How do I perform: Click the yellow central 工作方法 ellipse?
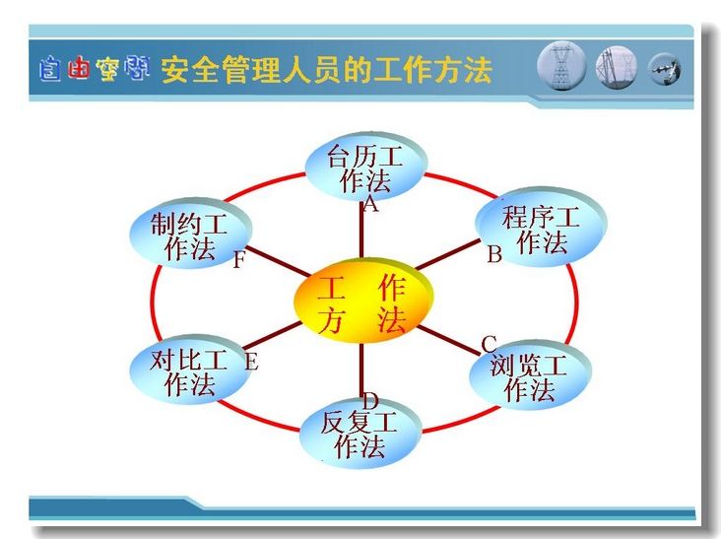tap(363, 301)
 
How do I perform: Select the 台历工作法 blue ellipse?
tap(366, 167)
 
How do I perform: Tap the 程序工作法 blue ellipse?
tap(541, 227)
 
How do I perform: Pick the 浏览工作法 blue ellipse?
tap(530, 375)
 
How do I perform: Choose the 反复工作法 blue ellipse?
tap(360, 434)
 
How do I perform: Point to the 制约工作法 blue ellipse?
tap(190, 234)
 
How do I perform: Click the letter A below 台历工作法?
tap(370, 203)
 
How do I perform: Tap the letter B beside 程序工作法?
tap(494, 253)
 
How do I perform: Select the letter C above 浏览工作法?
tap(489, 344)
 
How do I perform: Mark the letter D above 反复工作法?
tap(370, 401)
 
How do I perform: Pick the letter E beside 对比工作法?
tap(251, 362)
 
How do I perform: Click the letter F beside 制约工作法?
tap(238, 260)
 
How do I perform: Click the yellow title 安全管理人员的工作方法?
tap(327, 70)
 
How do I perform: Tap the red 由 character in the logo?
tap(78, 69)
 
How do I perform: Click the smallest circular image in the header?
tap(665, 70)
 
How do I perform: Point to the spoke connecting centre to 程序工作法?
tap(447, 254)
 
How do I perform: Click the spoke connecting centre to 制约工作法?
tap(279, 262)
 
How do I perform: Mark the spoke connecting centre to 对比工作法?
tap(272, 335)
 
